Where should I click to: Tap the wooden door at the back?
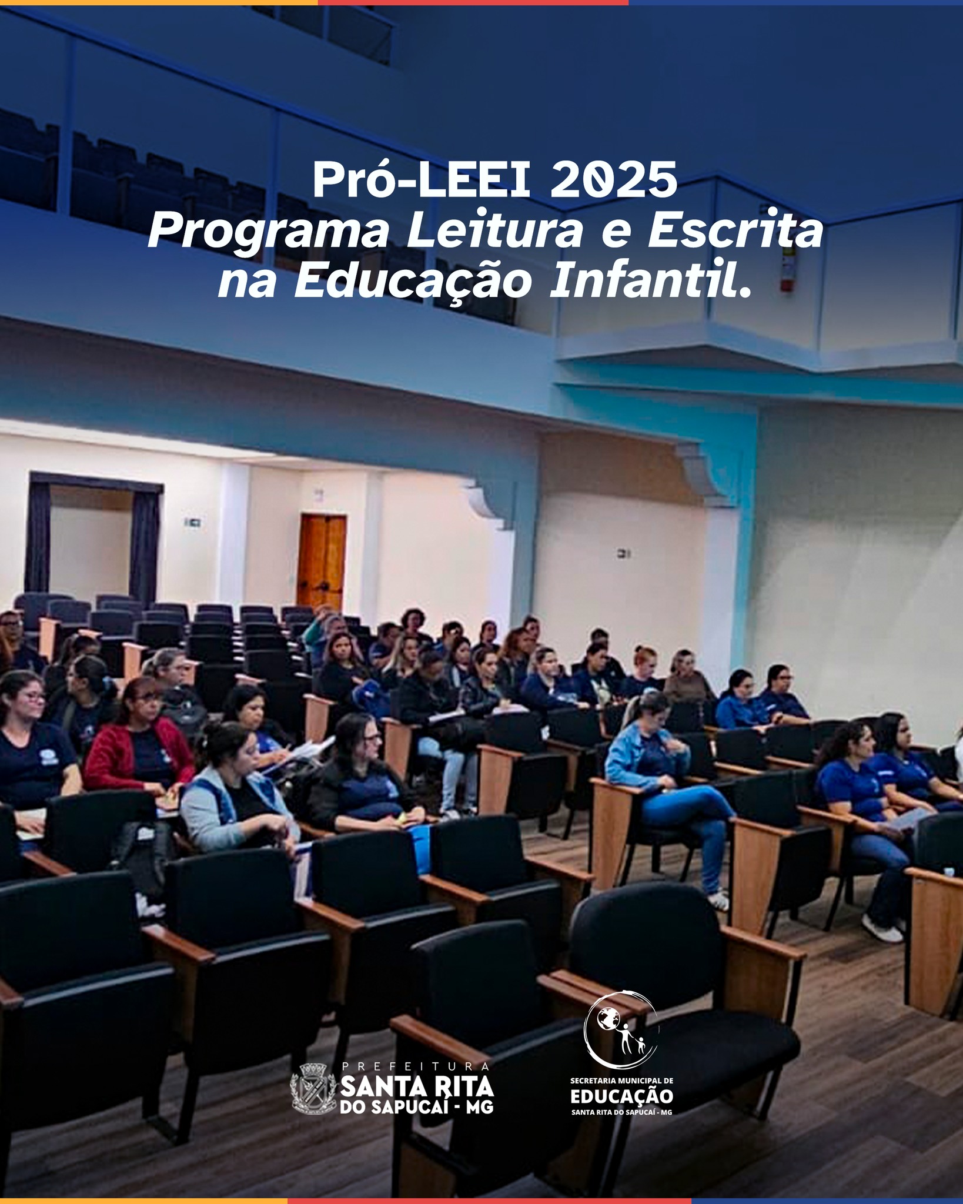click(322, 563)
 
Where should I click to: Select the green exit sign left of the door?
click(193, 521)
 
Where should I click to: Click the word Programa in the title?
click(268, 233)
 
